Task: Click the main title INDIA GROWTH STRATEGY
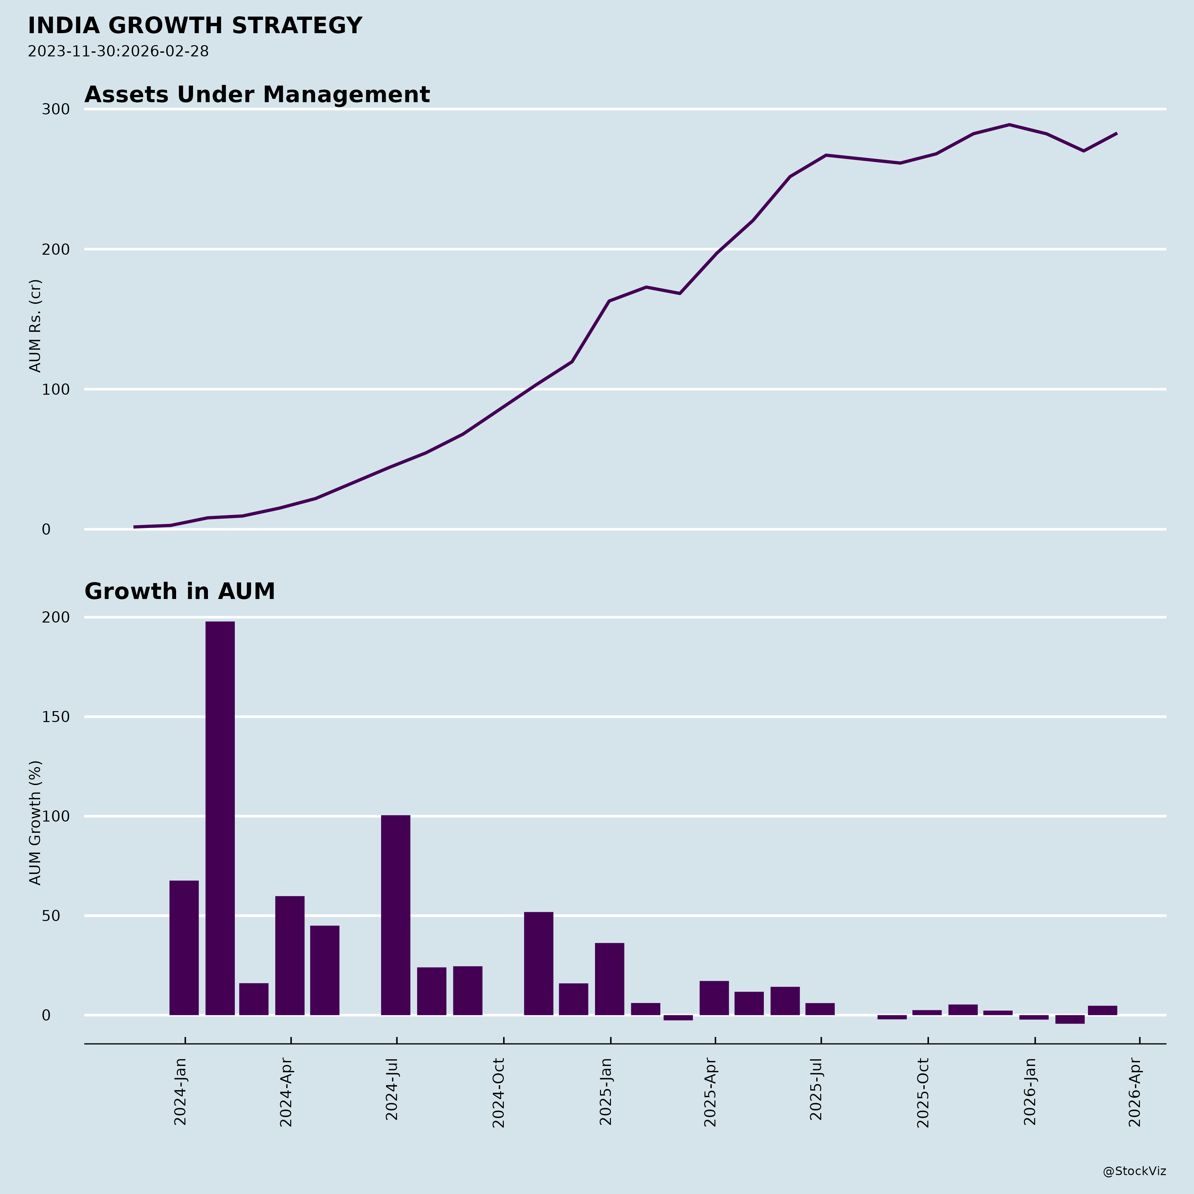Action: [195, 26]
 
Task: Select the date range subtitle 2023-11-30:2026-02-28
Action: [118, 51]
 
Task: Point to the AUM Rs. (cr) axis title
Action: [35, 326]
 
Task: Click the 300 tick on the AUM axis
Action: [56, 109]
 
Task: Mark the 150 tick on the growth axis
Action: [56, 717]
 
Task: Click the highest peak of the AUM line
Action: [1009, 125]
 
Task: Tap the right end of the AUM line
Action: [1116, 133]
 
